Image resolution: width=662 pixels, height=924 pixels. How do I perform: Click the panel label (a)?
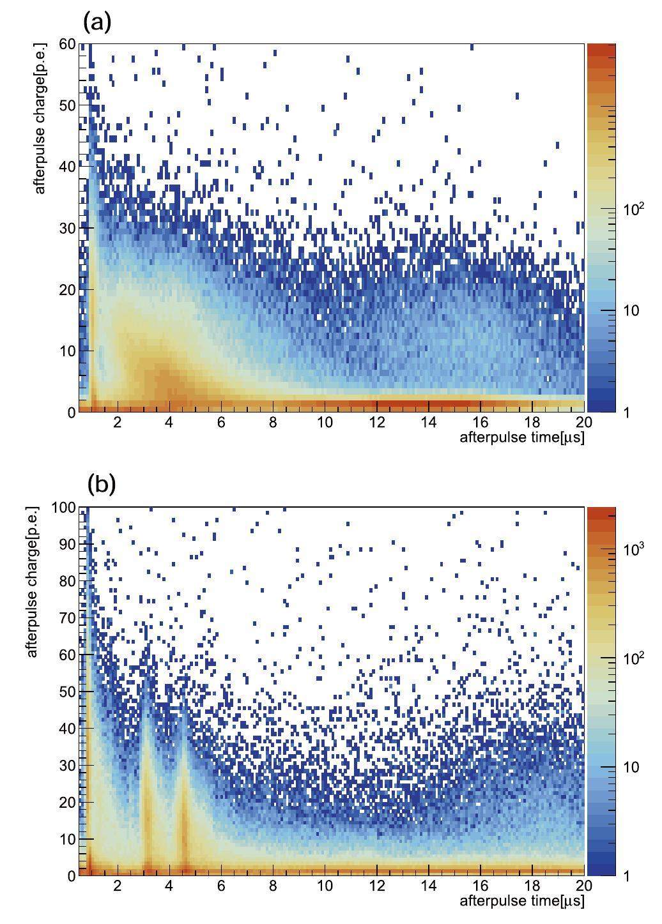(x=97, y=22)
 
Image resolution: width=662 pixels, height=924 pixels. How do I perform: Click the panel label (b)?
(x=101, y=484)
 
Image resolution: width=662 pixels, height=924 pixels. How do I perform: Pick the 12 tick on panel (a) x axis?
(x=377, y=422)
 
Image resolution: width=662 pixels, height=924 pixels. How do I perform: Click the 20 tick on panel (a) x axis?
(x=584, y=422)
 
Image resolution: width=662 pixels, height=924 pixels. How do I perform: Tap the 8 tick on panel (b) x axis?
(x=273, y=886)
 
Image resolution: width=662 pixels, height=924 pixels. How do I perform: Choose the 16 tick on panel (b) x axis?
(x=480, y=886)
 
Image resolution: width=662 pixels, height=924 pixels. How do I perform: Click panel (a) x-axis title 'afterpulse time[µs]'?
(x=521, y=438)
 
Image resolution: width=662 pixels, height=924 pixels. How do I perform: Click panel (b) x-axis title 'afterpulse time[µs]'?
(x=521, y=901)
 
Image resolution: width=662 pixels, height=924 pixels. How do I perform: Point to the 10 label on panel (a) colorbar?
(x=630, y=310)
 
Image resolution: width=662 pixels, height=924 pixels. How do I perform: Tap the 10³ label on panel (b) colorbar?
(x=633, y=548)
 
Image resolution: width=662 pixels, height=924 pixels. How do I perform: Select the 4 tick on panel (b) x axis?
(x=169, y=886)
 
